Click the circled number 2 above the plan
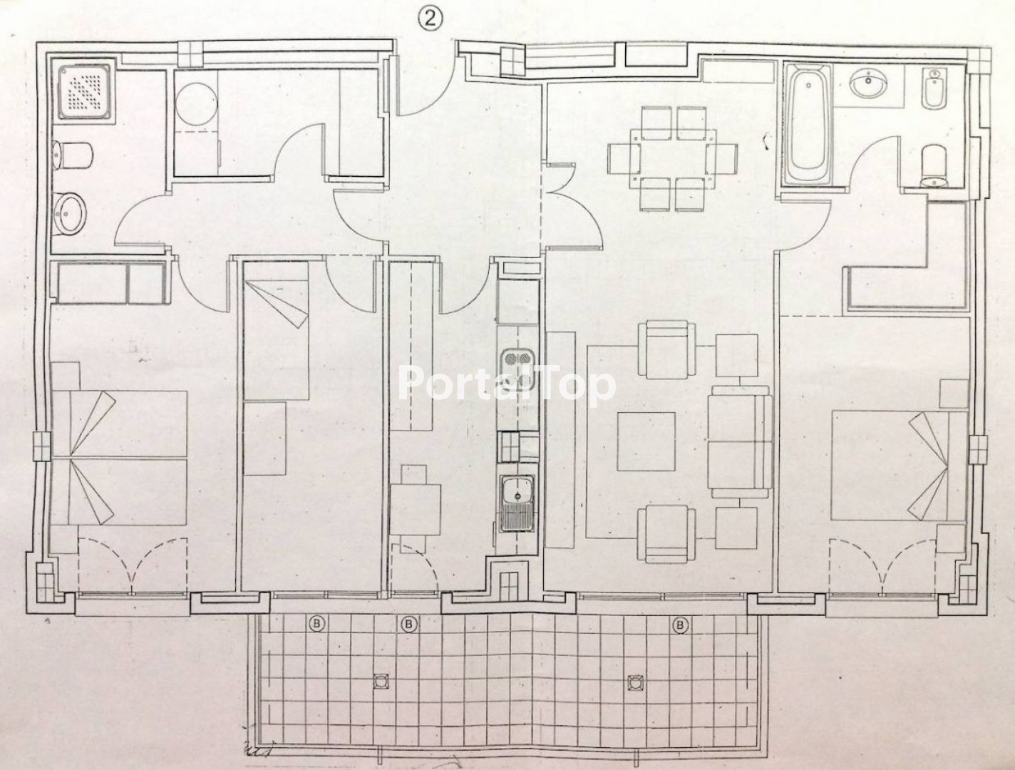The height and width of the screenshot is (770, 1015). point(430,20)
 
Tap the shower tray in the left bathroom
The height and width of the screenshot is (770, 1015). point(87,88)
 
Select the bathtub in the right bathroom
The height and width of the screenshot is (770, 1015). point(806,125)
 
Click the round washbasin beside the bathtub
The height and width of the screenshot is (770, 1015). point(869,86)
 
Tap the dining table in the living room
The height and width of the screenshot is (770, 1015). point(672,158)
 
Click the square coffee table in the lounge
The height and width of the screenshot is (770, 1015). point(646,441)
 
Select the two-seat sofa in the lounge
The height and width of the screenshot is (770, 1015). point(740,441)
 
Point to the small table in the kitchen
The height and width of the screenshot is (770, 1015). point(416,509)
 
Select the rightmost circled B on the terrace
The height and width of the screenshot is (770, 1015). point(680,625)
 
